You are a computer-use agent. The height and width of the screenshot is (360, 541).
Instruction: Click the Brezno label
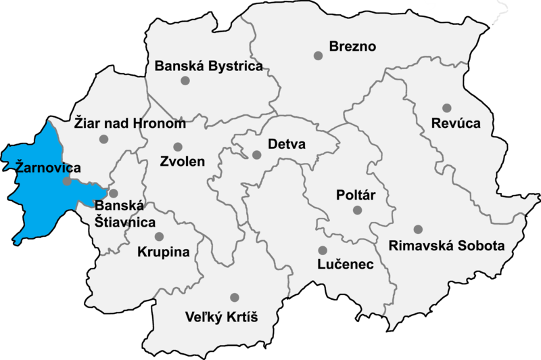point(352,47)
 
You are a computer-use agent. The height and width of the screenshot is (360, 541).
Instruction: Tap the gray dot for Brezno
point(318,55)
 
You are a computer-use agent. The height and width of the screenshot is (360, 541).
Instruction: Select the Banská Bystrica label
point(208,66)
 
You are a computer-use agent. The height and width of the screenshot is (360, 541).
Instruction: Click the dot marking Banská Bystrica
point(185,81)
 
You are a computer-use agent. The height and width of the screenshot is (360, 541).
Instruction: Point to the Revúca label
point(457,124)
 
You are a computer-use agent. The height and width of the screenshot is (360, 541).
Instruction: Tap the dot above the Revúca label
point(446,108)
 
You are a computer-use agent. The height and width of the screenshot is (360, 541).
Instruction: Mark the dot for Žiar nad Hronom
point(103,139)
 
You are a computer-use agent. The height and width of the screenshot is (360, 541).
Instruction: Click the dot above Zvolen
point(178,146)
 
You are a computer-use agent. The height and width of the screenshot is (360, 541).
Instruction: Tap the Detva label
point(287,145)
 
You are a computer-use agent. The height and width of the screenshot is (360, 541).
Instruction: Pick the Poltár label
point(356,196)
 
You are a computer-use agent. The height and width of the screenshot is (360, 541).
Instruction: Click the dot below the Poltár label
point(358,210)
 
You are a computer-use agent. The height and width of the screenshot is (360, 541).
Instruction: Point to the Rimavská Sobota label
point(447,245)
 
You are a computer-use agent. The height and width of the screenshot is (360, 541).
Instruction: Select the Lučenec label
point(346,265)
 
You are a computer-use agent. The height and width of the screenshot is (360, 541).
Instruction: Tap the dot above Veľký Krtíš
point(234,297)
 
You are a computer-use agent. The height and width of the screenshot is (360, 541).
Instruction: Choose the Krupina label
point(163,252)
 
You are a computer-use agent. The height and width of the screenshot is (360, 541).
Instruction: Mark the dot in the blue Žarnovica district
point(67,181)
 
